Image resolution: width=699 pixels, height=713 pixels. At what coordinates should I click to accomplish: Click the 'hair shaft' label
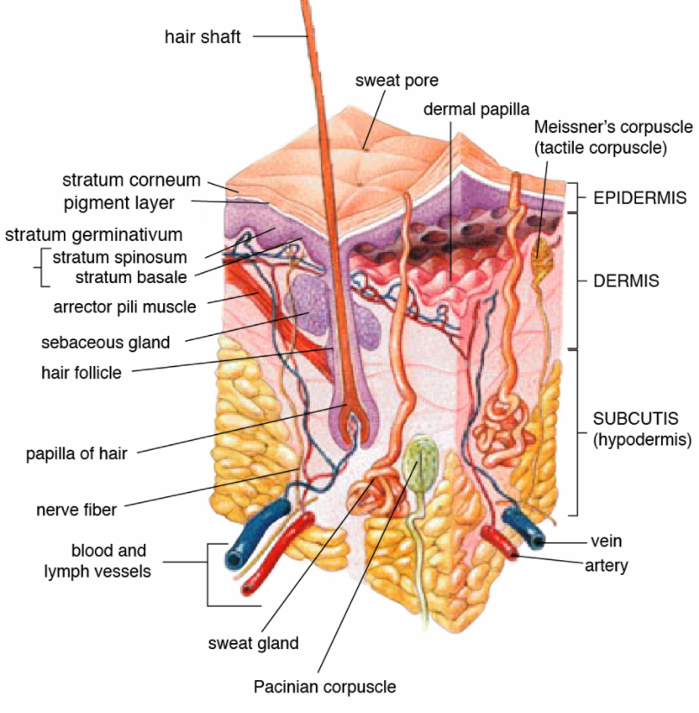pyautogui.click(x=202, y=37)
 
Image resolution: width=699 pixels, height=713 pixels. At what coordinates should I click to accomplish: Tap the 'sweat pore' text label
pyautogui.click(x=397, y=81)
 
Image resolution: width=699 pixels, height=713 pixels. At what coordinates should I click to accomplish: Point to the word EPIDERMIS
pyautogui.click(x=639, y=198)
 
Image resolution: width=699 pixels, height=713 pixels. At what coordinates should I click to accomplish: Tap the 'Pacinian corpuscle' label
pyautogui.click(x=324, y=687)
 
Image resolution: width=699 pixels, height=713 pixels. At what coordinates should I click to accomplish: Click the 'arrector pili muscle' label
pyautogui.click(x=124, y=306)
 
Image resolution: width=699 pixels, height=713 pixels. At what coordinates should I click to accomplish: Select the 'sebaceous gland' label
pyautogui.click(x=105, y=342)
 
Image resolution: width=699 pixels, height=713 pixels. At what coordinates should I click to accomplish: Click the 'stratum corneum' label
pyautogui.click(x=131, y=180)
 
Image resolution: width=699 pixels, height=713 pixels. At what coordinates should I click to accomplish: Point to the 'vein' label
pyautogui.click(x=606, y=541)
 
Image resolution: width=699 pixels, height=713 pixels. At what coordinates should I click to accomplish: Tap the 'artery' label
pyautogui.click(x=606, y=566)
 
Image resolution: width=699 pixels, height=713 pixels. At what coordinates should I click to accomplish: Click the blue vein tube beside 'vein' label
pyautogui.click(x=524, y=526)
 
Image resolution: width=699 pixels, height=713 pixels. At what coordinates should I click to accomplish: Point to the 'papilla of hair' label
pyautogui.click(x=76, y=453)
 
